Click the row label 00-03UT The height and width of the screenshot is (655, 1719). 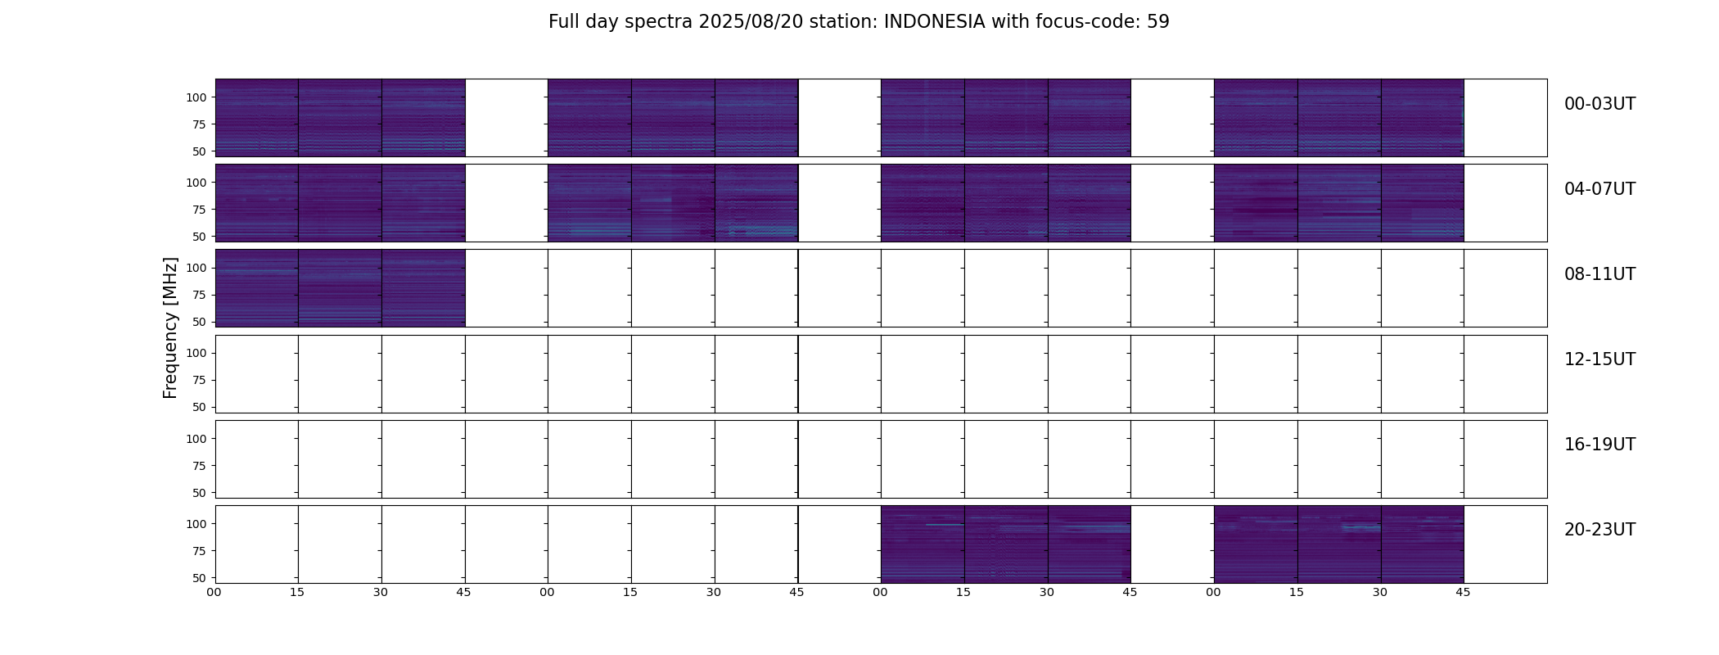click(1599, 104)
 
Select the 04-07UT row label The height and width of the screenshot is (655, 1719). click(1599, 189)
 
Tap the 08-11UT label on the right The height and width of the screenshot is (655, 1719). click(1599, 274)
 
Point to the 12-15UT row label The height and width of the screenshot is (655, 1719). click(1599, 359)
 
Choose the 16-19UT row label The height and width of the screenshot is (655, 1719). click(1599, 445)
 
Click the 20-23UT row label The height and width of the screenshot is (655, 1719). click(1599, 530)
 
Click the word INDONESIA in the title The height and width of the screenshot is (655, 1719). click(934, 22)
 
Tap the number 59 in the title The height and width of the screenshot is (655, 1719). click(1157, 22)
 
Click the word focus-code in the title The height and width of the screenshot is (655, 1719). click(1080, 22)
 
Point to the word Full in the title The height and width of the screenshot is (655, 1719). click(564, 22)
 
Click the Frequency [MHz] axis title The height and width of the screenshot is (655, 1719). click(170, 327)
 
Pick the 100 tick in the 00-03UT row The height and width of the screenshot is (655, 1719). click(196, 97)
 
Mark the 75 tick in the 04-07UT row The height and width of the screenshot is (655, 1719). click(200, 210)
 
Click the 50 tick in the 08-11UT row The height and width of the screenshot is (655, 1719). click(200, 322)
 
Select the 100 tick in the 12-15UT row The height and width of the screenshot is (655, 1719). click(196, 353)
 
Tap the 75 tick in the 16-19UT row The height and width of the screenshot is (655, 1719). click(200, 466)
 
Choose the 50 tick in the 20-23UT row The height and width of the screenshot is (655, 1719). click(200, 578)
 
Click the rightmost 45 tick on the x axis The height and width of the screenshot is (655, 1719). click(1463, 593)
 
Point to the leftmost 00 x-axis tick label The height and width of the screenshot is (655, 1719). click(214, 593)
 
